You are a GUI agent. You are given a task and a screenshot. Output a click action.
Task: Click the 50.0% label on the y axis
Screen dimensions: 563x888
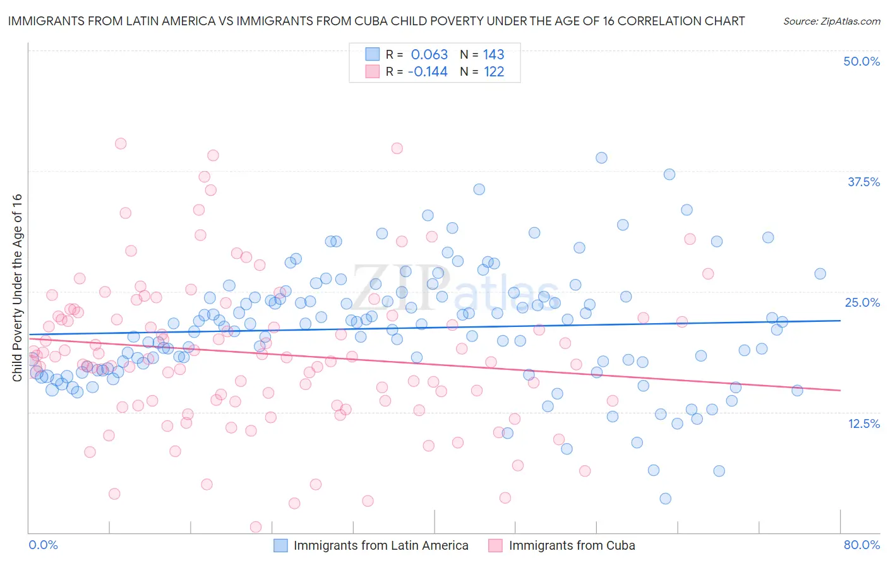(861, 61)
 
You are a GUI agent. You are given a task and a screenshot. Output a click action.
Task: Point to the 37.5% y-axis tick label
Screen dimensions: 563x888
(863, 182)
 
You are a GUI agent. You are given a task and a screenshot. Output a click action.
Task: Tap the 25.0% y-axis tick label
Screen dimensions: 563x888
(862, 302)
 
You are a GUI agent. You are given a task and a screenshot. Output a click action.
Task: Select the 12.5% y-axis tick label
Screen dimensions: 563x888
(863, 424)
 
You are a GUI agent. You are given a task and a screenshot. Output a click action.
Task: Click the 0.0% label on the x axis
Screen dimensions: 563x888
(43, 545)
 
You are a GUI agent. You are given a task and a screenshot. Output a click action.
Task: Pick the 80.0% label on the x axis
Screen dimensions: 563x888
(861, 545)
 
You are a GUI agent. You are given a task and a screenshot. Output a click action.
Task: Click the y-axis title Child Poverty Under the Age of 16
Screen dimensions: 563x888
(17, 287)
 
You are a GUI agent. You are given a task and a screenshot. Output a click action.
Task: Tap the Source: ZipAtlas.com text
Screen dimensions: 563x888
(831, 21)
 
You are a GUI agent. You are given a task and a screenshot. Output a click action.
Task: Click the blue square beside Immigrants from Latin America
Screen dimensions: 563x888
(280, 545)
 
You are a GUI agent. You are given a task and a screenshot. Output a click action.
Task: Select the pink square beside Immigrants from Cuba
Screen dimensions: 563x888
(495, 545)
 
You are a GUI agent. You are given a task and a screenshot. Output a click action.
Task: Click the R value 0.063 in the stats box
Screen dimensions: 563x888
(429, 54)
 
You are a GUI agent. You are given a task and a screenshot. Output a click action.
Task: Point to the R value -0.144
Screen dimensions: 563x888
(428, 71)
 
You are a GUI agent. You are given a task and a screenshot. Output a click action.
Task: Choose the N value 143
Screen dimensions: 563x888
(493, 54)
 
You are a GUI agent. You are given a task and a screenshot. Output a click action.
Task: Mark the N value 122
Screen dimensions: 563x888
(493, 71)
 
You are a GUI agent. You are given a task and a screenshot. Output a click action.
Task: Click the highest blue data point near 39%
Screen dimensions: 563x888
(601, 158)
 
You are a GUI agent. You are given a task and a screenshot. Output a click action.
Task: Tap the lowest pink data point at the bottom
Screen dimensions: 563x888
(256, 527)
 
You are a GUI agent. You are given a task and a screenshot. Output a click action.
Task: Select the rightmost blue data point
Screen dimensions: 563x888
(820, 273)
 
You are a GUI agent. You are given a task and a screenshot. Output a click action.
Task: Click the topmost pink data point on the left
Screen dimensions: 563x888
(121, 143)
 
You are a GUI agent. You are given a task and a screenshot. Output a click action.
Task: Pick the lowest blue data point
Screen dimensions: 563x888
(665, 499)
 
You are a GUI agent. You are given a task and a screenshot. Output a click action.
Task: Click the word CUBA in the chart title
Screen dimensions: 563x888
(440, 21)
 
